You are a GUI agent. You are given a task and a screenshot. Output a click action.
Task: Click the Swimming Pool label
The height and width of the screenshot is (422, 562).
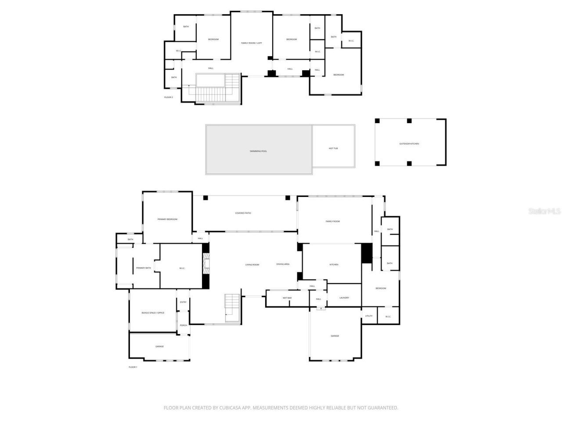pos(258,151)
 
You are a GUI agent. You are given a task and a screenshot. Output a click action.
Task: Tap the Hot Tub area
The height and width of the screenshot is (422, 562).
pos(333,149)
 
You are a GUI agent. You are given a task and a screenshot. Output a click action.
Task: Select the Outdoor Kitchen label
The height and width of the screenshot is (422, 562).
pos(409,144)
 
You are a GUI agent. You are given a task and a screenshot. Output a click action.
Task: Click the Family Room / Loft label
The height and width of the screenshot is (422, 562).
pos(252,43)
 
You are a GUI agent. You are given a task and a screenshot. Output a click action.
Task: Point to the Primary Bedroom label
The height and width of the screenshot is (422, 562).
pos(167,219)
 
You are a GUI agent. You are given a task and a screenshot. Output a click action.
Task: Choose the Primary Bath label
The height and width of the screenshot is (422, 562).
pos(143,268)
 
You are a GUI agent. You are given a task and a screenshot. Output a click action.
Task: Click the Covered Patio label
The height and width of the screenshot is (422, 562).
pos(243,213)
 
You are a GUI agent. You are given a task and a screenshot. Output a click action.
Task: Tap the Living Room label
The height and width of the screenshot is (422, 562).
pos(252,265)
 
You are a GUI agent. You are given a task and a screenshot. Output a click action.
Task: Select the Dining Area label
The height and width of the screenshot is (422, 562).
pos(283,264)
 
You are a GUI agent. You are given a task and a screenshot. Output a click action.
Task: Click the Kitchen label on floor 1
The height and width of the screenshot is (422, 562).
pos(334,265)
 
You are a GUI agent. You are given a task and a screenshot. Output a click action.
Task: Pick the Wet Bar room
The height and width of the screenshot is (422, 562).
pos(287,298)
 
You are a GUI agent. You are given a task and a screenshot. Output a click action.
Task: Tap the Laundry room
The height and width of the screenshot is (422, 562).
pos(344,298)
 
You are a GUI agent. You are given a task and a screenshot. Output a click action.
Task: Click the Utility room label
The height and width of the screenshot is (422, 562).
pos(369,316)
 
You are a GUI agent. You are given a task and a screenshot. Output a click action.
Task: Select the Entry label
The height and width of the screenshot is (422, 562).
pos(183,302)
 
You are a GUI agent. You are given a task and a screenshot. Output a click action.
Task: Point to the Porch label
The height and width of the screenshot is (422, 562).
pos(183,325)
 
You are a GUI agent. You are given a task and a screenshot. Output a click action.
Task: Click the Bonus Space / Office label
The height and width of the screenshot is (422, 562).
pos(153,313)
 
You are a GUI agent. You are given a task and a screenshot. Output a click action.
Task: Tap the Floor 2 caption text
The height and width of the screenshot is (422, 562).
pos(169,97)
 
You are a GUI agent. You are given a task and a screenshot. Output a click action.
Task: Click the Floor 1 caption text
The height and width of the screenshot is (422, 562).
pos(133,367)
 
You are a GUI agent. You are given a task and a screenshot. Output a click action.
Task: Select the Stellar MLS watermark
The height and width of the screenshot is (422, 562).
pos(544,211)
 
